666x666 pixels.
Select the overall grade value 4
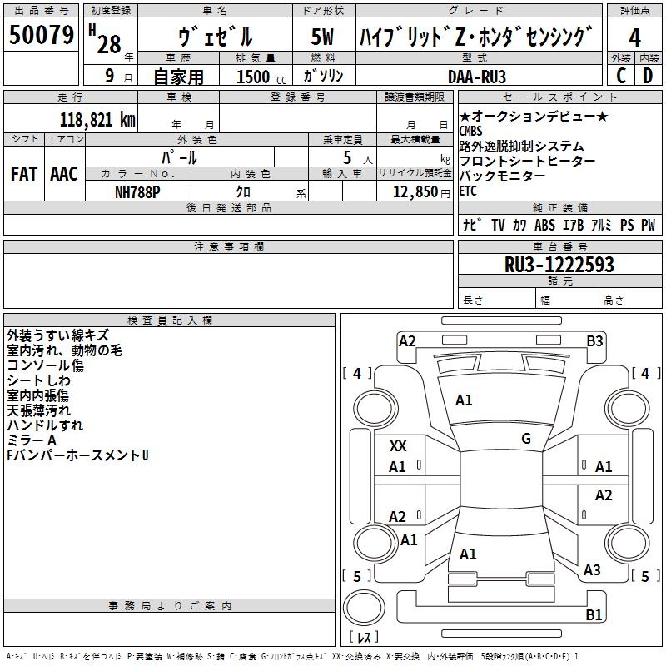point(634,37)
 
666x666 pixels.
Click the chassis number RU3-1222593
point(559,265)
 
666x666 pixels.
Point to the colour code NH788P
point(137,191)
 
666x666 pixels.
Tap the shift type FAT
point(23,173)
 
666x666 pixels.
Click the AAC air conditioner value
point(63,173)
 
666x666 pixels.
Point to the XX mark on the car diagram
point(398,446)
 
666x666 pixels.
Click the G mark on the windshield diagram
point(526,439)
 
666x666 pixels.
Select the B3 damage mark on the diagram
point(594,340)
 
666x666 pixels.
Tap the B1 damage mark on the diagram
point(594,615)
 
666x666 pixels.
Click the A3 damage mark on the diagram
point(592,570)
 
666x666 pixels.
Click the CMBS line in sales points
point(470,131)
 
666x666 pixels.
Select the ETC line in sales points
point(469,191)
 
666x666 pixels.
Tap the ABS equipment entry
point(544,225)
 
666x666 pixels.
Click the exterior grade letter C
point(620,76)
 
